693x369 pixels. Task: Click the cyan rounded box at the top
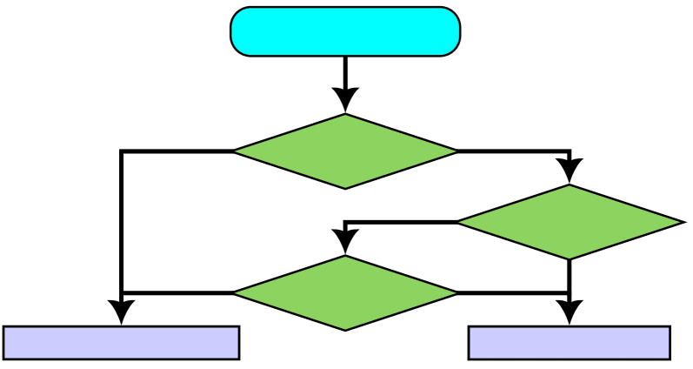345,31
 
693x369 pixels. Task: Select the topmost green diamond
345,151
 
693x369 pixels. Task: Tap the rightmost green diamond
570,222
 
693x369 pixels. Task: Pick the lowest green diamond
345,293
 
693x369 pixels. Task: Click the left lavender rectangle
121,342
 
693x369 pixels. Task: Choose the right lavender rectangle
570,342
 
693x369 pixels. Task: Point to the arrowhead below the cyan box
345,99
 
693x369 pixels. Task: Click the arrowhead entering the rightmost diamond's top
570,171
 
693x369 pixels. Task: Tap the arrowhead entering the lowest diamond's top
345,242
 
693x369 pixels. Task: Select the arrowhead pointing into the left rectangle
121,312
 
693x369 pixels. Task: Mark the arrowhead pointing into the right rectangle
570,312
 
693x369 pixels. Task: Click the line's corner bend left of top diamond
122,152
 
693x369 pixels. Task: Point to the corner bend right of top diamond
569,152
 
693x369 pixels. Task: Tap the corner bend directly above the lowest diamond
346,223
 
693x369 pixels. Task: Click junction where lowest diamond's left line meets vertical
122,293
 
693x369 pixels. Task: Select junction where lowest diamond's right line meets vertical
570,293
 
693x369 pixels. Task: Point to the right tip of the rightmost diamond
683,222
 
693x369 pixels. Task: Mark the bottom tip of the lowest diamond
345,330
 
